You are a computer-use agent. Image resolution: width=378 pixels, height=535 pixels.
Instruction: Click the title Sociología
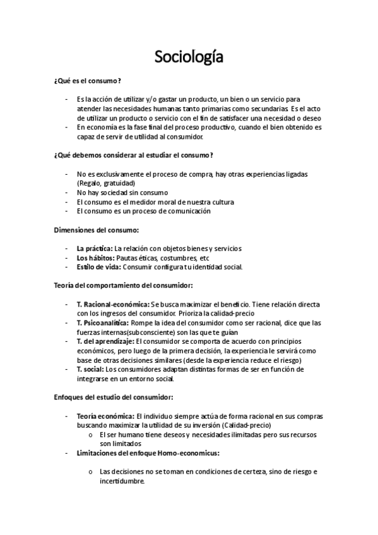click(x=189, y=58)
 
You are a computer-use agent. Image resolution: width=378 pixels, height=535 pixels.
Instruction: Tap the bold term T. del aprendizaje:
click(x=105, y=341)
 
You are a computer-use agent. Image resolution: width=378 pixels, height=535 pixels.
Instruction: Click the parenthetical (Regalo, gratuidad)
click(x=105, y=183)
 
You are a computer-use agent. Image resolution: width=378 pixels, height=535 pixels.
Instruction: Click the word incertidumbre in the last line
click(x=122, y=481)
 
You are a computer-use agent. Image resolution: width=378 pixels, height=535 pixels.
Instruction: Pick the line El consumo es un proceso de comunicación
click(x=143, y=211)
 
